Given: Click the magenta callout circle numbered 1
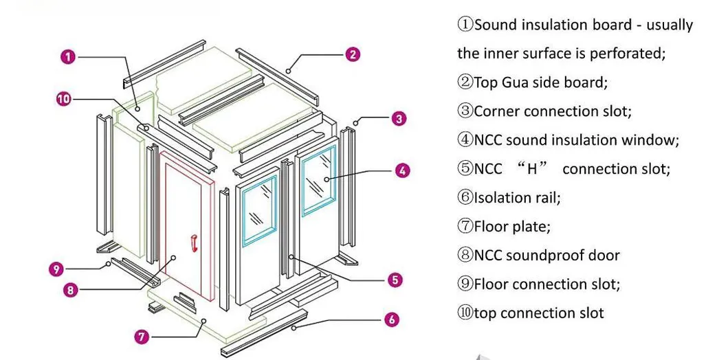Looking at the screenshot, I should point(67,57).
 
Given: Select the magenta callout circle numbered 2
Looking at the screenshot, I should point(352,54).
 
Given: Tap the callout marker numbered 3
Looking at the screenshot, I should point(399,118).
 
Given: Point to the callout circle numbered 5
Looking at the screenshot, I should point(395,280).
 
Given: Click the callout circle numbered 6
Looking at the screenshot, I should point(391,319).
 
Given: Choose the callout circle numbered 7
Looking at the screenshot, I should point(142,336).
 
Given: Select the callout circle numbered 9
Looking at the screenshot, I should point(57,269).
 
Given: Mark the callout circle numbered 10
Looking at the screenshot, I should point(63,99).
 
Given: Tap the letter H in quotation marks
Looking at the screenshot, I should point(531,169).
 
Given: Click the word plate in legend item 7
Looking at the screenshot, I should point(531,227).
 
